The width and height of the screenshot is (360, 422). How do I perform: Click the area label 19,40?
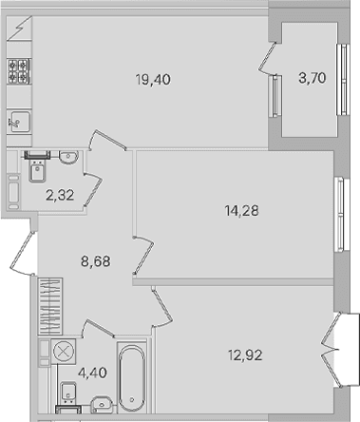pos(153,80)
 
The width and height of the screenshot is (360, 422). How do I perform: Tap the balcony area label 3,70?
pos(313,78)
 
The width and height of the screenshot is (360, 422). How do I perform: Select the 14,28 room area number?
pos(242,210)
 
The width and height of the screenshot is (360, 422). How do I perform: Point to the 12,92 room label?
pos(245,355)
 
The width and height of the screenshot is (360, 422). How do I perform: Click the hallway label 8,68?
pos(96,261)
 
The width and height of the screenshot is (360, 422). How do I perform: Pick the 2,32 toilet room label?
pos(60,195)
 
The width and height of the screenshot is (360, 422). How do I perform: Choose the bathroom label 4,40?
pos(92,373)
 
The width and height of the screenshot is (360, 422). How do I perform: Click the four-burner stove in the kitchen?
pos(19,71)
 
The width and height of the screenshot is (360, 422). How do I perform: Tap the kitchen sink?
pos(19,122)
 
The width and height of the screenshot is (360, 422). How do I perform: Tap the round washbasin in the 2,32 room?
pos(68,157)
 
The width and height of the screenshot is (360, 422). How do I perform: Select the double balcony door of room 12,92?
pos(331,350)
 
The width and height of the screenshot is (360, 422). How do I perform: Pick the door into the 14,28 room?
pos(143,255)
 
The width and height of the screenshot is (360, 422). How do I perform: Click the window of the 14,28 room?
pos(342,215)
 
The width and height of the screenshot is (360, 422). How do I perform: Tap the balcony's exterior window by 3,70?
pos(343,79)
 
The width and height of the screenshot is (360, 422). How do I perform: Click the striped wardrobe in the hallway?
pos(50,306)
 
